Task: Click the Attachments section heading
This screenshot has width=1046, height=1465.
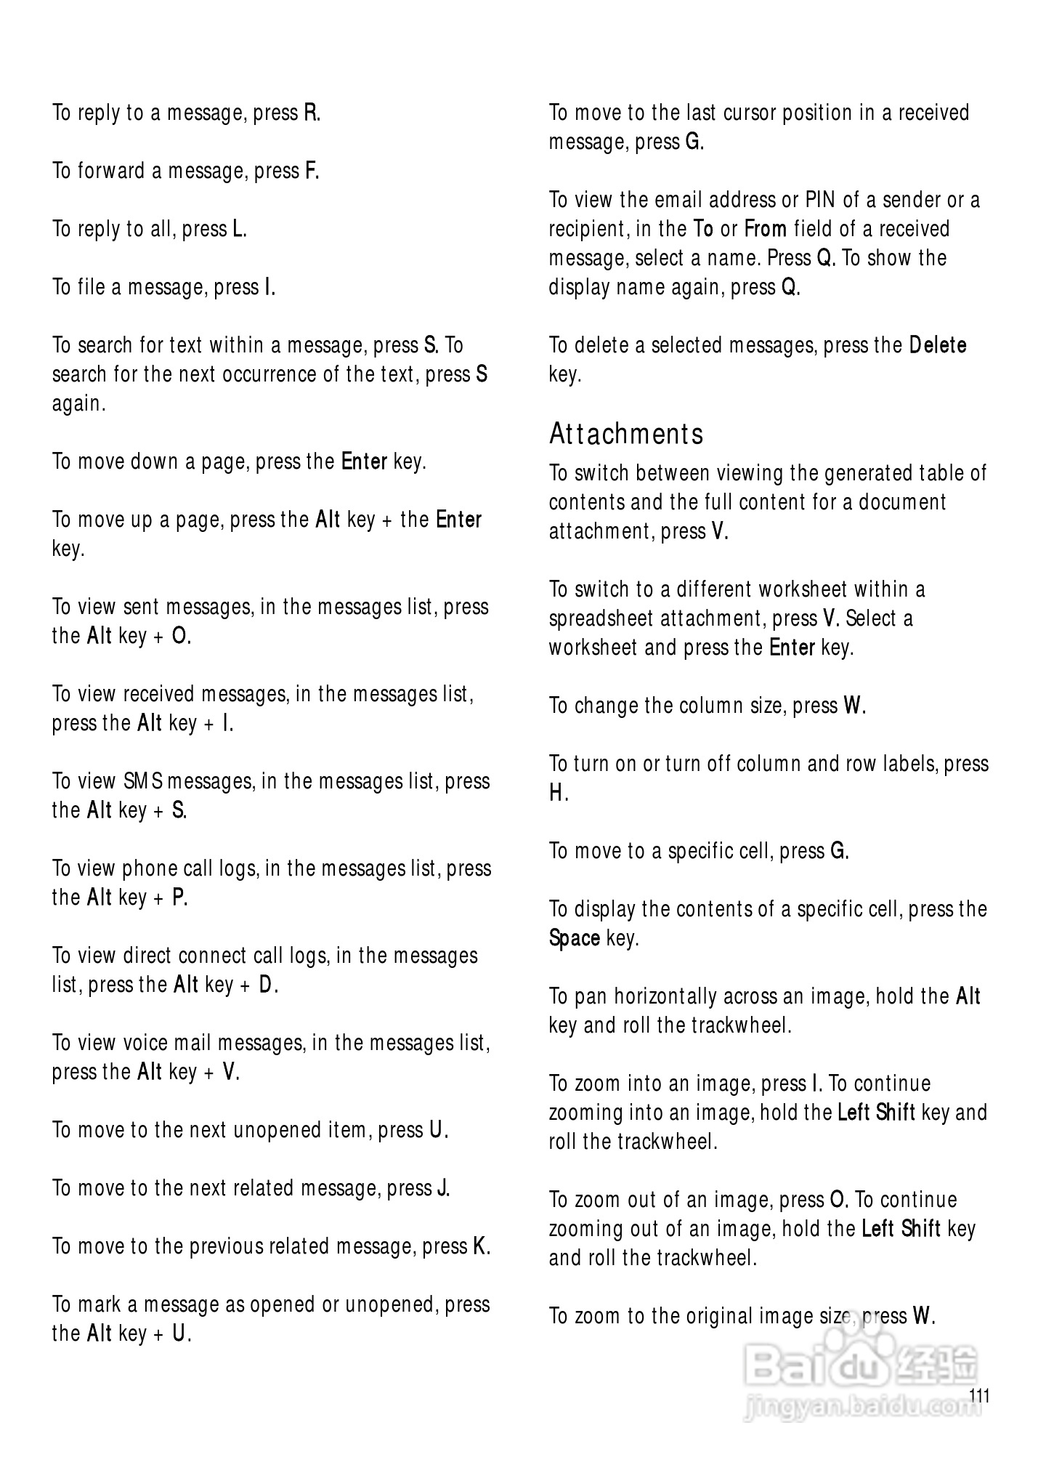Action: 626,434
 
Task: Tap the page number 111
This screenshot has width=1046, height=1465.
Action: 979,1396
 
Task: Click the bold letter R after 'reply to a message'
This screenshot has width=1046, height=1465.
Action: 311,113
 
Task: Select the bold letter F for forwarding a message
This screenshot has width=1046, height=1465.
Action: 311,171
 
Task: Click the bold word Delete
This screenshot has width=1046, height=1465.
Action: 938,345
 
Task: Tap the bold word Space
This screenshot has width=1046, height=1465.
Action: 574,938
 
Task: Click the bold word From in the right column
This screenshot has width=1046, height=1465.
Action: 766,230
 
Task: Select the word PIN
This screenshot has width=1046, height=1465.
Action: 820,200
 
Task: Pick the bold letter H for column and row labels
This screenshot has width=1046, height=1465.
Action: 557,793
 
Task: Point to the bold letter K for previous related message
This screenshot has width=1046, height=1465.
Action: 480,1247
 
